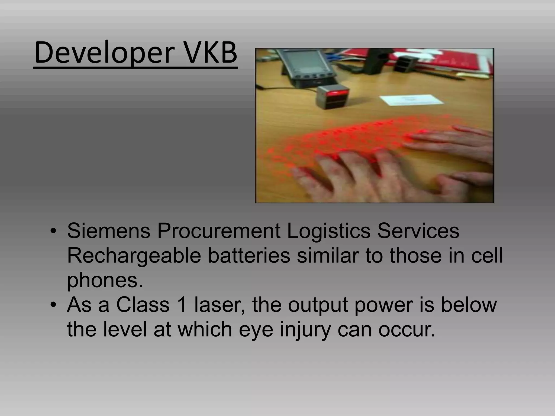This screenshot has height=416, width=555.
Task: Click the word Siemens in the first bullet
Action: tap(108, 231)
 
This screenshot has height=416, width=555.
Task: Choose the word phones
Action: tap(105, 281)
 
